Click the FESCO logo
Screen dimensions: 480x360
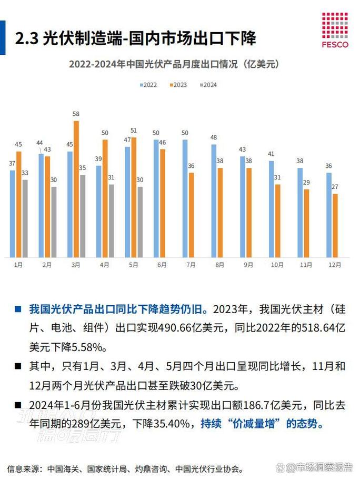pyautogui.click(x=335, y=29)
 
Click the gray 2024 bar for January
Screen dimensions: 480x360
pyautogui.click(x=25, y=218)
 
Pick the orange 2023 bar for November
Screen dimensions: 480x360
pyautogui.click(x=307, y=223)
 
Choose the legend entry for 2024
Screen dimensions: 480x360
pyautogui.click(x=208, y=85)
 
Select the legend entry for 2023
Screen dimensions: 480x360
pyautogui.click(x=178, y=85)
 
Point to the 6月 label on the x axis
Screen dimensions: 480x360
pyautogui.click(x=162, y=265)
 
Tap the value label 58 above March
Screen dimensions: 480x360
pyautogui.click(x=76, y=114)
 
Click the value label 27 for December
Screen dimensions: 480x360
pyautogui.click(x=335, y=187)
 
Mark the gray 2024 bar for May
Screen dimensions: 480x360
pyautogui.click(x=140, y=222)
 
